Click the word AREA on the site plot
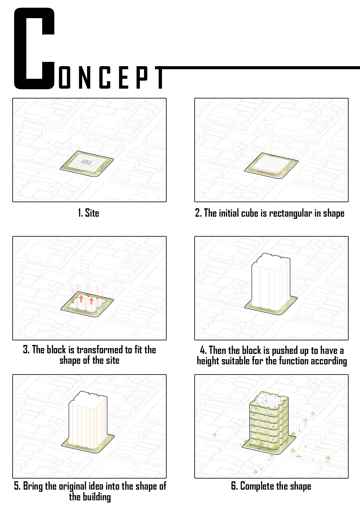click(x=86, y=162)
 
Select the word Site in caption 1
click(x=92, y=213)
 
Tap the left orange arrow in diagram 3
click(x=81, y=299)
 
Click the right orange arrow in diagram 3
click(x=91, y=301)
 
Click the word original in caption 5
click(x=73, y=486)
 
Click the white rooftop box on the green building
click(x=261, y=399)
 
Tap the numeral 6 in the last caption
click(x=233, y=486)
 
